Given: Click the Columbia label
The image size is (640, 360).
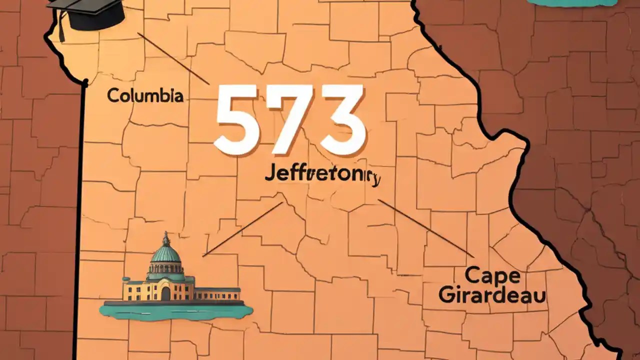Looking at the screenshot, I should pyautogui.click(x=145, y=95).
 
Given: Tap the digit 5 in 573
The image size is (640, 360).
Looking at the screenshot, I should pyautogui.click(x=239, y=120).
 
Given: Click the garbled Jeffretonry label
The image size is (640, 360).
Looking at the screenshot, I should pyautogui.click(x=322, y=178).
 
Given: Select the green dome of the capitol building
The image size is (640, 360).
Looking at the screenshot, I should pyautogui.click(x=165, y=255).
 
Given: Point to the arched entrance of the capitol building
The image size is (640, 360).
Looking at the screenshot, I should pyautogui.click(x=165, y=293).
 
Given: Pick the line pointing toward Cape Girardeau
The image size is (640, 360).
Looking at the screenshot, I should pyautogui.click(x=425, y=227).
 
